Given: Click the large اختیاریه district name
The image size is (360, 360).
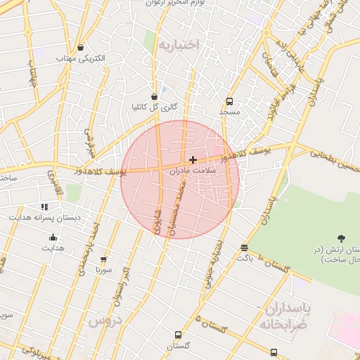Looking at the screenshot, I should coord(179,46).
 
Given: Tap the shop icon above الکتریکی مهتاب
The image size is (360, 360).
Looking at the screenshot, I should coord(82,48).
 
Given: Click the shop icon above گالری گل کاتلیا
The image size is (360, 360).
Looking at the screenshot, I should coord(154,96).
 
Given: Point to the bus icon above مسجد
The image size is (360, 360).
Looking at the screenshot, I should coord(229,101).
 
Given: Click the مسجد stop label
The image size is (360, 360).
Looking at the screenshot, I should coord(229,112).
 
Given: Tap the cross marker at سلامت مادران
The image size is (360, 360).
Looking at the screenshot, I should coord(193,160).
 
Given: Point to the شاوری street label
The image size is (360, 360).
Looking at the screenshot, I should coord(156,219).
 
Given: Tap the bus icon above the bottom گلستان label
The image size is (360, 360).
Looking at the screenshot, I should coord(179,335).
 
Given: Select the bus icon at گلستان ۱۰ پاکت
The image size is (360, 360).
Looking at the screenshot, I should coord(244,247).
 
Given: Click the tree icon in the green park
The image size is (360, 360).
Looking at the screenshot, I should coord(342,238).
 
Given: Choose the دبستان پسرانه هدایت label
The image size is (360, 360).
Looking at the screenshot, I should coord(45,217).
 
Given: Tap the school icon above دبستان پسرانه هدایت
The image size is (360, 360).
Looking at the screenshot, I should coord(45,207).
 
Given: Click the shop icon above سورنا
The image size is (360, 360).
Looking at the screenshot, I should coord(104,259).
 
